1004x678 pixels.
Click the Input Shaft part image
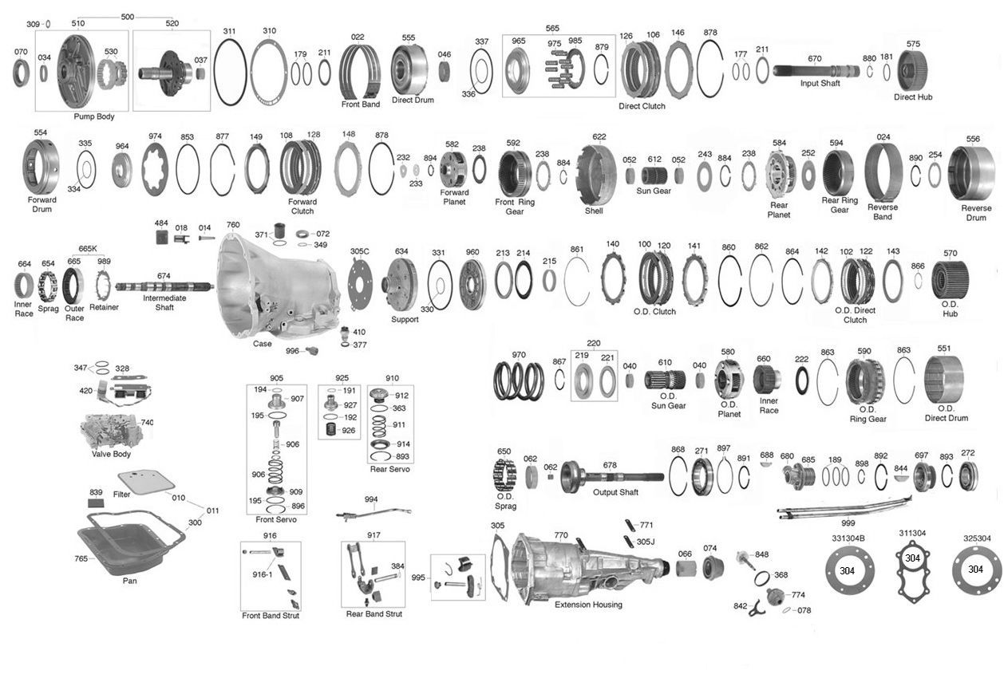click(816, 71)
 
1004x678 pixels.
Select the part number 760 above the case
click(233, 225)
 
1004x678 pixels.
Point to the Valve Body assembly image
click(111, 431)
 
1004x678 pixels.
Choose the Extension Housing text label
click(588, 605)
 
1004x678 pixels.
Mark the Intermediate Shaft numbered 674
click(164, 286)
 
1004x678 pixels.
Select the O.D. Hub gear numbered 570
click(950, 280)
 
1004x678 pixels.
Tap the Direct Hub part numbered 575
click(912, 71)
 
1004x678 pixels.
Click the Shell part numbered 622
click(595, 175)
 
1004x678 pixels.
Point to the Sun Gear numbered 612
click(654, 176)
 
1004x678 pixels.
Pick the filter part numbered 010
click(146, 483)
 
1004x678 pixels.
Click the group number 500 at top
click(127, 17)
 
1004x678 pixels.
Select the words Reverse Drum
click(976, 213)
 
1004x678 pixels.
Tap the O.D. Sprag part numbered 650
click(504, 475)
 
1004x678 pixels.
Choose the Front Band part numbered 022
click(359, 72)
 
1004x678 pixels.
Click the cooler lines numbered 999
click(844, 508)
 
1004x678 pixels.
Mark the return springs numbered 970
click(519, 380)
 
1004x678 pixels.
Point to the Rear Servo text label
click(390, 469)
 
